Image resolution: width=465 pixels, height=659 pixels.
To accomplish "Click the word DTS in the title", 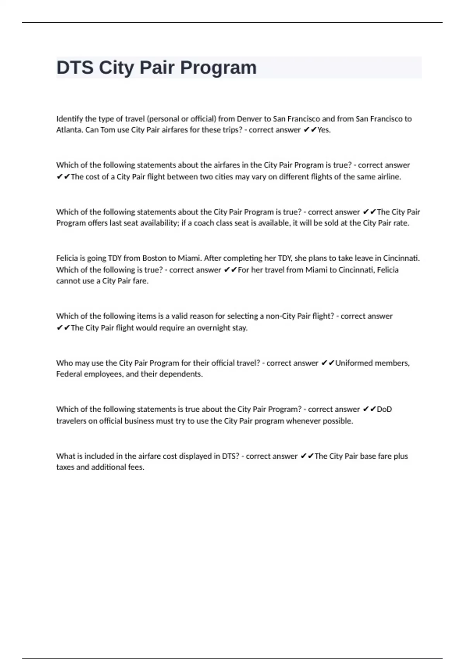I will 75,68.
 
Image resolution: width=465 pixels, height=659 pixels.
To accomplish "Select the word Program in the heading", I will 218,68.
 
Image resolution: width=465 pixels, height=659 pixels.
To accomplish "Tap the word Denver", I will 249,119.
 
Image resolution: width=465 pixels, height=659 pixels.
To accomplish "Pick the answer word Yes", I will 324,130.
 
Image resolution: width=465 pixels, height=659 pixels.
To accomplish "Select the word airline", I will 389,177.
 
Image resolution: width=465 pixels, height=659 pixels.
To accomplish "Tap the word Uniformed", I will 352,363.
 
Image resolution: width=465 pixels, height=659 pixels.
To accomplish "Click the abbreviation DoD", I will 384,409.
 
